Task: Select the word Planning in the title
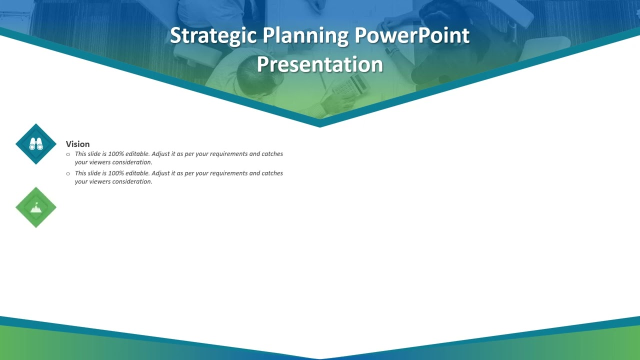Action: click(x=305, y=36)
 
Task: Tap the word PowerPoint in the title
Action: click(x=412, y=36)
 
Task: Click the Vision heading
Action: click(x=77, y=144)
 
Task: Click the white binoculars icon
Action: click(x=36, y=144)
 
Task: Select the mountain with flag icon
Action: click(x=36, y=207)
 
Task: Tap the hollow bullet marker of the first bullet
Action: click(x=68, y=154)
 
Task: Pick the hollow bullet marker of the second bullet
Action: click(x=68, y=173)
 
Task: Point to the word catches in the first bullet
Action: click(x=272, y=154)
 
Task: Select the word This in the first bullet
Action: click(x=80, y=154)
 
